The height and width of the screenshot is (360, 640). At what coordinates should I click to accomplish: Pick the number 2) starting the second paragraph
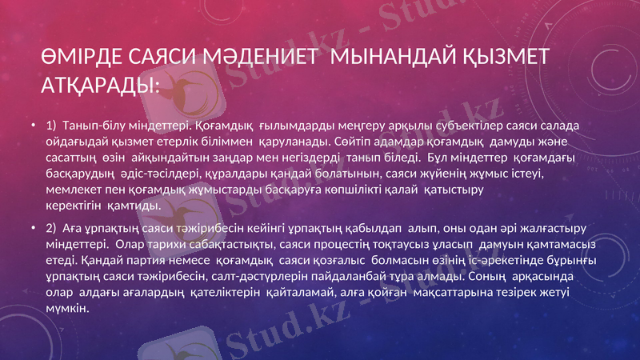(52, 228)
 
